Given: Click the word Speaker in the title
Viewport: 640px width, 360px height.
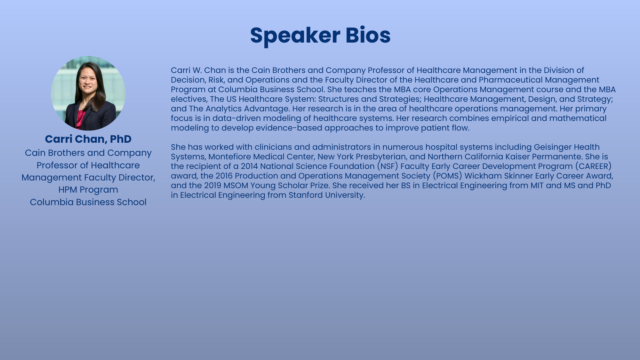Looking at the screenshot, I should [295, 36].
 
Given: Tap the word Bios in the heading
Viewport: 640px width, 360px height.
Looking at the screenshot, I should [368, 35].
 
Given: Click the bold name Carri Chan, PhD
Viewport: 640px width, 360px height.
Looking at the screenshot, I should [88, 139].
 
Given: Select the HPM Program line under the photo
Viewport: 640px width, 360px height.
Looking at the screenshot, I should [88, 190].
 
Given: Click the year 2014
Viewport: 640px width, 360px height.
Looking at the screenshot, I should [249, 166].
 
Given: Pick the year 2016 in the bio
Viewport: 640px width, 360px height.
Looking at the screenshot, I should [224, 176].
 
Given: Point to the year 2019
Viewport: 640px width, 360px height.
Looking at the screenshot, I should [213, 186].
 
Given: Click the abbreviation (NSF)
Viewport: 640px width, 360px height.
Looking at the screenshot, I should [388, 166].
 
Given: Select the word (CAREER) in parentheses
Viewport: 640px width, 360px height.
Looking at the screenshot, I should [593, 166].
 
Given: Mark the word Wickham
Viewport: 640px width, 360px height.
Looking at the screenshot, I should [483, 176].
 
